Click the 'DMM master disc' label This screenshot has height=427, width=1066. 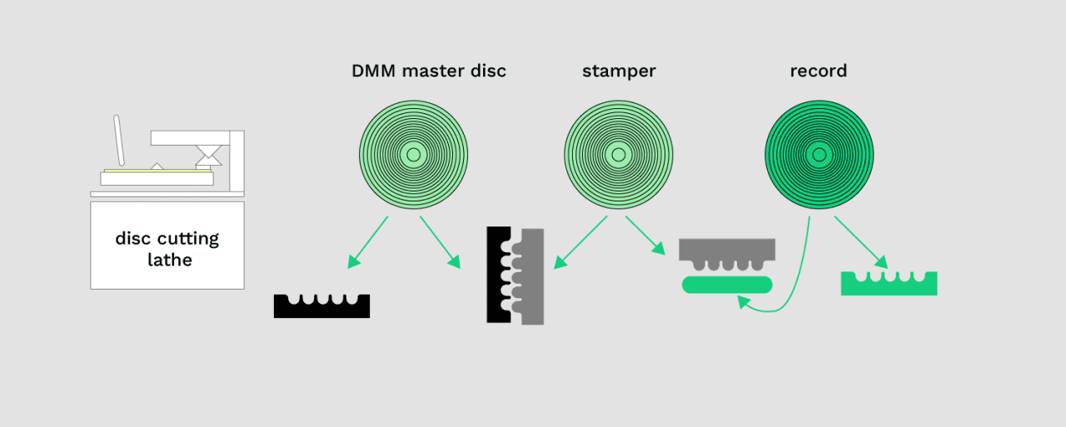(x=428, y=71)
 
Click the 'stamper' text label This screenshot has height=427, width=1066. (x=619, y=71)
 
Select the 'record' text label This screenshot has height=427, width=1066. (x=818, y=71)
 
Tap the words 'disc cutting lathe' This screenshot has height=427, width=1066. (x=167, y=249)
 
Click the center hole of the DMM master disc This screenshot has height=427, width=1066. (x=413, y=155)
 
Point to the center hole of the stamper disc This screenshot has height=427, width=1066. (x=618, y=155)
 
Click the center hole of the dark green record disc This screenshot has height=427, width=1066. (x=819, y=155)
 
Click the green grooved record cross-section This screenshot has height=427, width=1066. (x=889, y=286)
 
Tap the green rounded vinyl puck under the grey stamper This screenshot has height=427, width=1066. (x=727, y=285)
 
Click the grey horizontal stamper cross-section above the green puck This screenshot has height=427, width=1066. (x=727, y=249)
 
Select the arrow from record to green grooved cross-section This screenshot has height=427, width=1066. (x=860, y=242)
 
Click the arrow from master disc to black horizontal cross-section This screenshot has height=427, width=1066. (x=368, y=241)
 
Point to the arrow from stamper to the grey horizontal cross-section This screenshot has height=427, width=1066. (x=645, y=235)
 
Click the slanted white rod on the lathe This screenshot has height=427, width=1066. (x=119, y=140)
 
